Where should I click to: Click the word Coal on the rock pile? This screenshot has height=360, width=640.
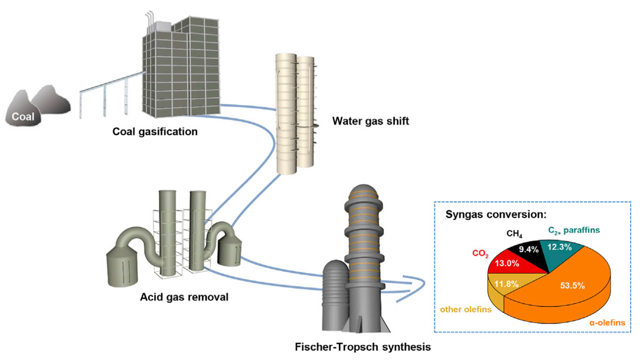click(x=23, y=116)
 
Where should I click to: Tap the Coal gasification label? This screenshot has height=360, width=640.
click(x=155, y=132)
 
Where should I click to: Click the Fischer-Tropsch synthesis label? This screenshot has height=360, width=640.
click(x=363, y=347)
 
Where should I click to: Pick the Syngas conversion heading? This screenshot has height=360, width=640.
click(x=496, y=215)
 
